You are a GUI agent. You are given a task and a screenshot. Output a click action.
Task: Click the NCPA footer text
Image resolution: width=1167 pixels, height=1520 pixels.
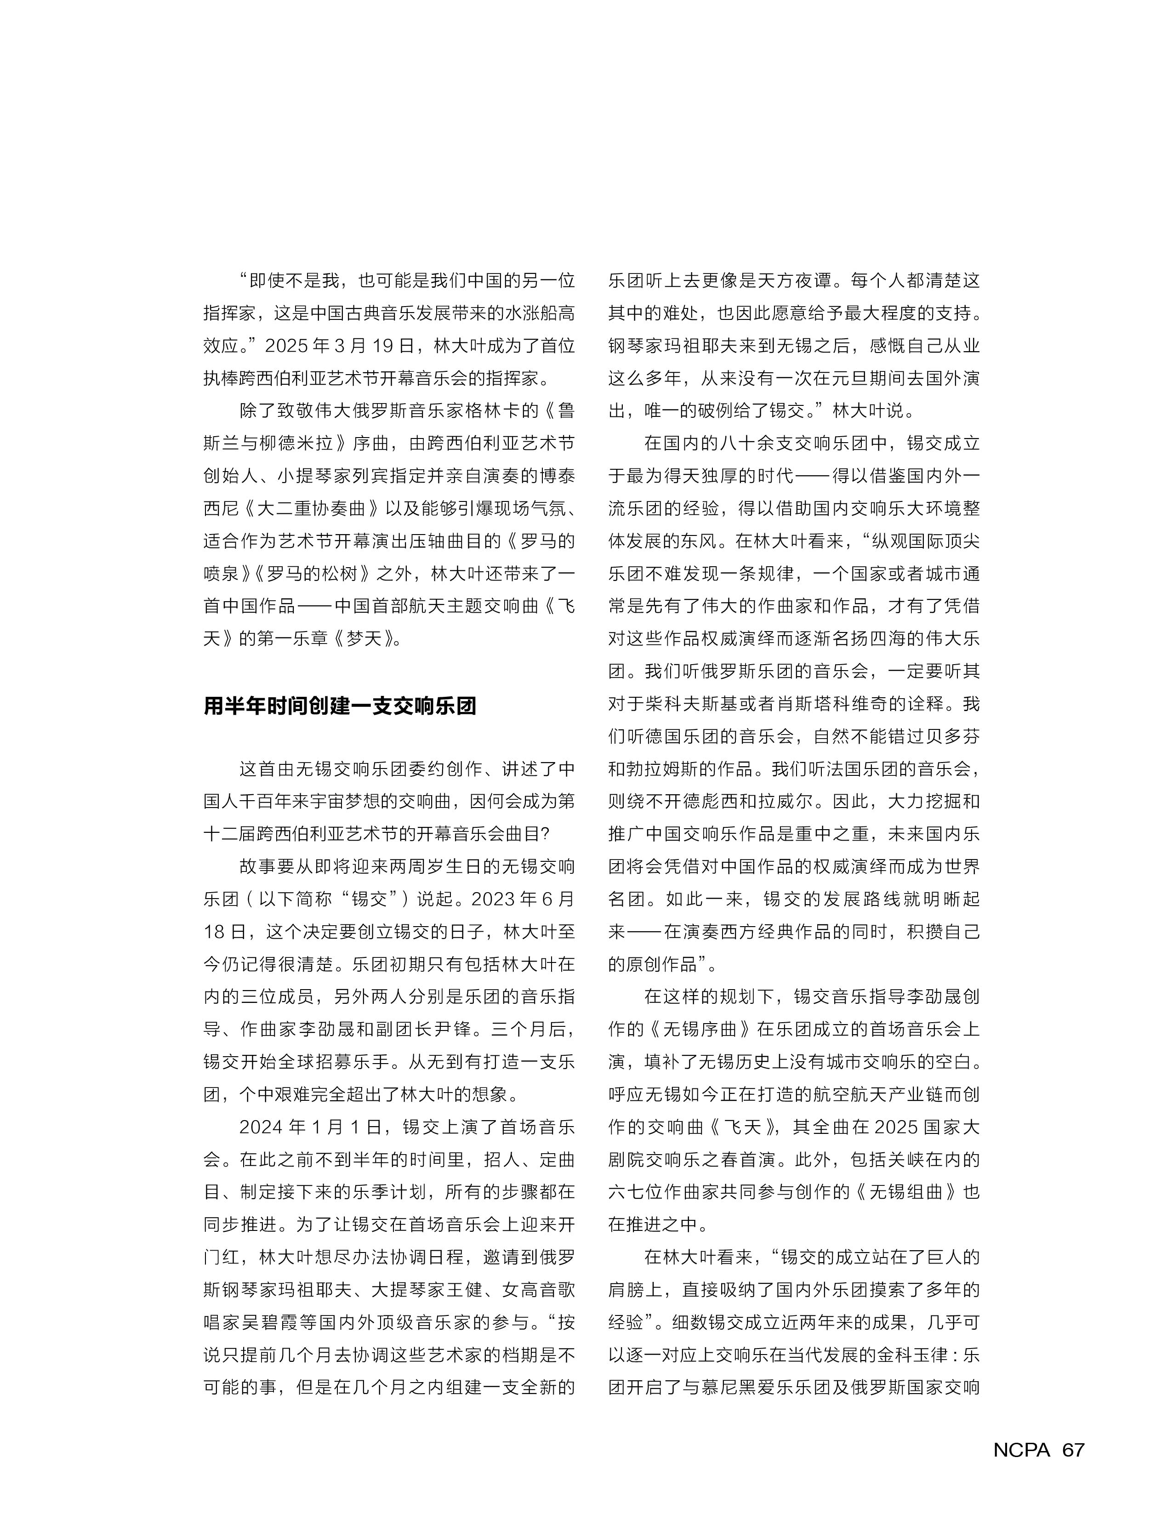click(x=1021, y=1450)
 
